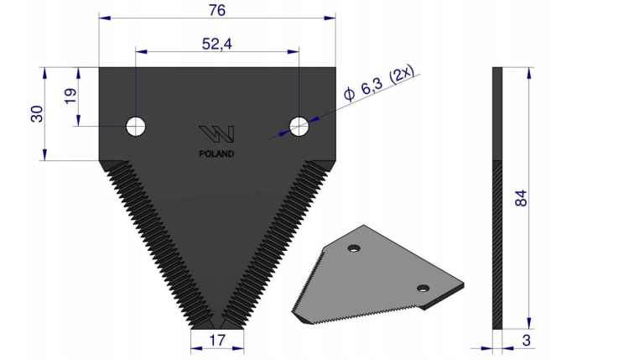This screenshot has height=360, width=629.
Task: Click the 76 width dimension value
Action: click(x=217, y=10)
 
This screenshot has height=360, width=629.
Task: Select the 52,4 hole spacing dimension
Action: click(x=217, y=44)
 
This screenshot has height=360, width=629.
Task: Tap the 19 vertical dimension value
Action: click(x=70, y=96)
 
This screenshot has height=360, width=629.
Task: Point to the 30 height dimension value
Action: click(x=37, y=114)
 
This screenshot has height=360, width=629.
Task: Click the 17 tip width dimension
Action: click(x=217, y=341)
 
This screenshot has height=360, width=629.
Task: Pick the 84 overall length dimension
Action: click(x=521, y=198)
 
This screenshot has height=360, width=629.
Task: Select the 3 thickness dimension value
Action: click(x=527, y=341)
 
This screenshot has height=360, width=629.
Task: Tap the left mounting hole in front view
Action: click(x=136, y=127)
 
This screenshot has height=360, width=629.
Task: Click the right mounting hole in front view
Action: click(x=299, y=127)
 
